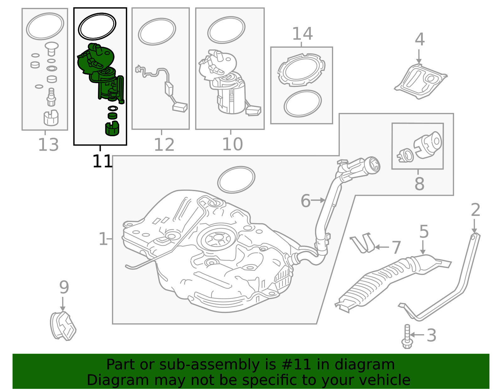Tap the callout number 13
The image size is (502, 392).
48,145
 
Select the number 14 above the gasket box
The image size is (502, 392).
302,34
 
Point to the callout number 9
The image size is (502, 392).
64,287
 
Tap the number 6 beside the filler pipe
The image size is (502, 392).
305,201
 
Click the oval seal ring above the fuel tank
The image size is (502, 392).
236,180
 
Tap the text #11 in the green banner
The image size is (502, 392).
296,365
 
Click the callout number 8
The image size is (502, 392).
419,184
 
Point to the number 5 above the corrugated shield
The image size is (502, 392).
424,232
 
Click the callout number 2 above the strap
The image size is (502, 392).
475,210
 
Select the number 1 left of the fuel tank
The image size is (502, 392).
103,239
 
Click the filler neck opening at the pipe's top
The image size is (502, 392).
375,165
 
